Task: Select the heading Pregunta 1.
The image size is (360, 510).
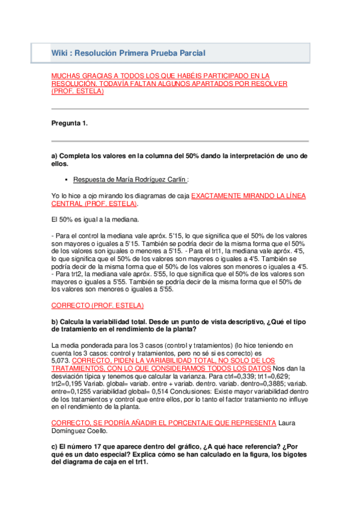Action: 70,123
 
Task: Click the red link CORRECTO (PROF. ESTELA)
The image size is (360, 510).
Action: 97,305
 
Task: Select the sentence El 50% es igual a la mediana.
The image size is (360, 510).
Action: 96,219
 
